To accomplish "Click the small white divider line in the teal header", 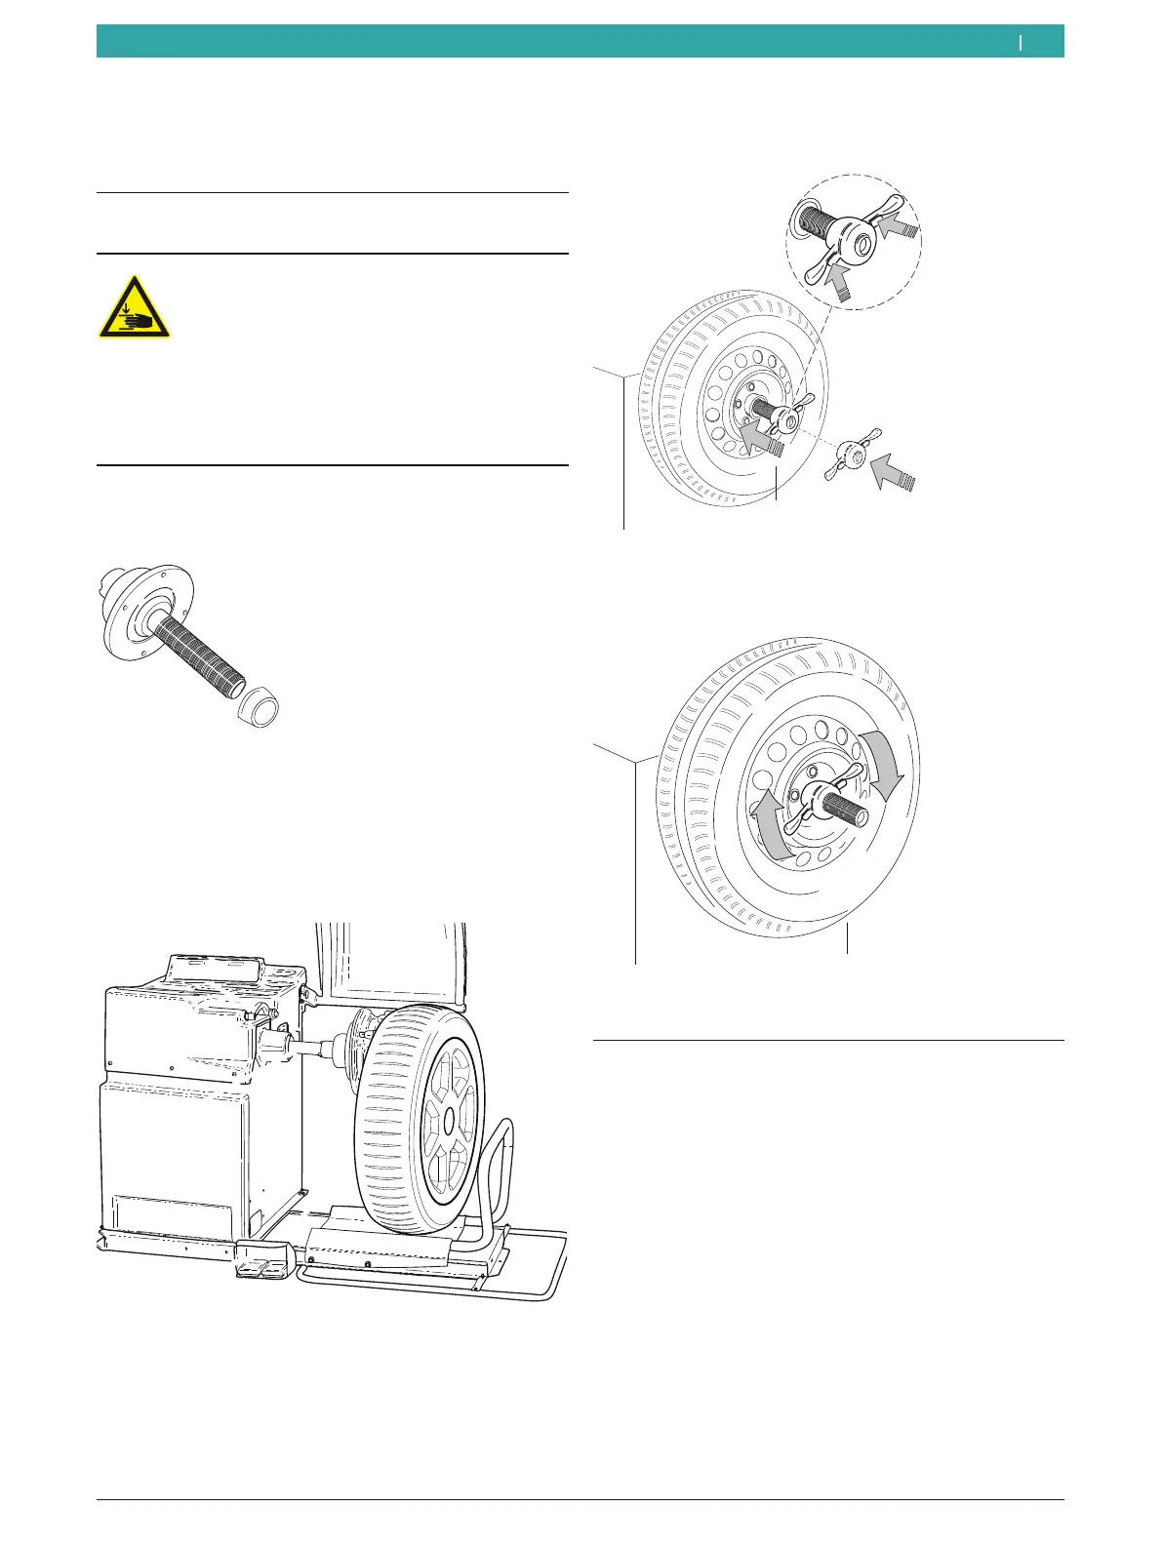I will pos(1021,42).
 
